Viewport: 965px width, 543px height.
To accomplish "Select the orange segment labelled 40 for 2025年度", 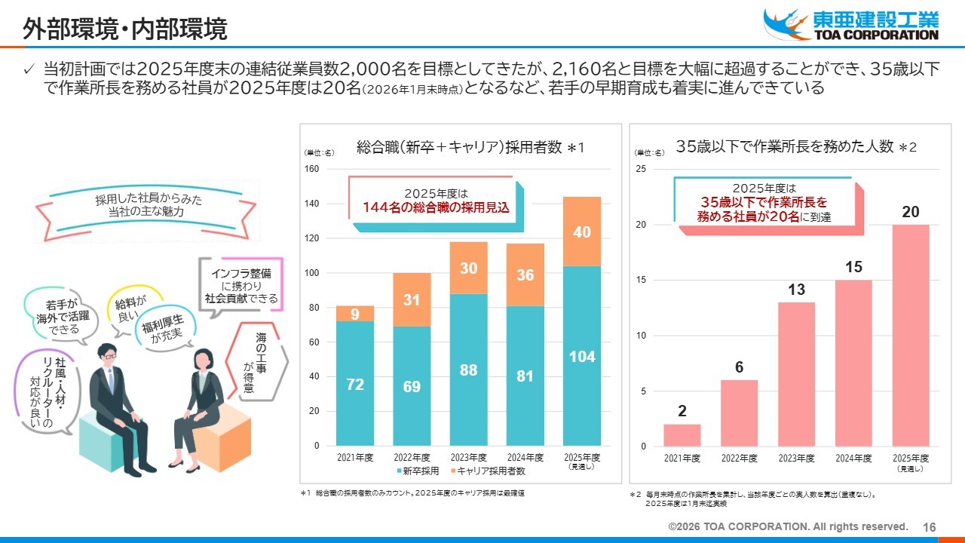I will pos(582,232).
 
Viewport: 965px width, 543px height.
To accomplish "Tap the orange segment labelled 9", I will pos(355,313).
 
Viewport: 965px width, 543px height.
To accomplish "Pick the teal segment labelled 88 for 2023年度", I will pos(468,370).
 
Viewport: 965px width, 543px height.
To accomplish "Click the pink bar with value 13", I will pos(796,374).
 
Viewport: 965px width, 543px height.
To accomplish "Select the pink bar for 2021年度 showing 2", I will pos(682,435).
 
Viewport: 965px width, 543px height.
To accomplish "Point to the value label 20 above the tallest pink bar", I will pos(911,213).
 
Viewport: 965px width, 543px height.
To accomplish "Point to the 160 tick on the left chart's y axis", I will pos(311,169).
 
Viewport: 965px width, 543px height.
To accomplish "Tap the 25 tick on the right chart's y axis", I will pos(641,169).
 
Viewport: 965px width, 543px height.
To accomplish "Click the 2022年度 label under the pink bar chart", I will pos(740,458).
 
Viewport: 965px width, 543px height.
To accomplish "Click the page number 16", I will pos(930,527).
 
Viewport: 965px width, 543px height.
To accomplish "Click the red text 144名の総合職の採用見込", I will pos(437,207).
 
